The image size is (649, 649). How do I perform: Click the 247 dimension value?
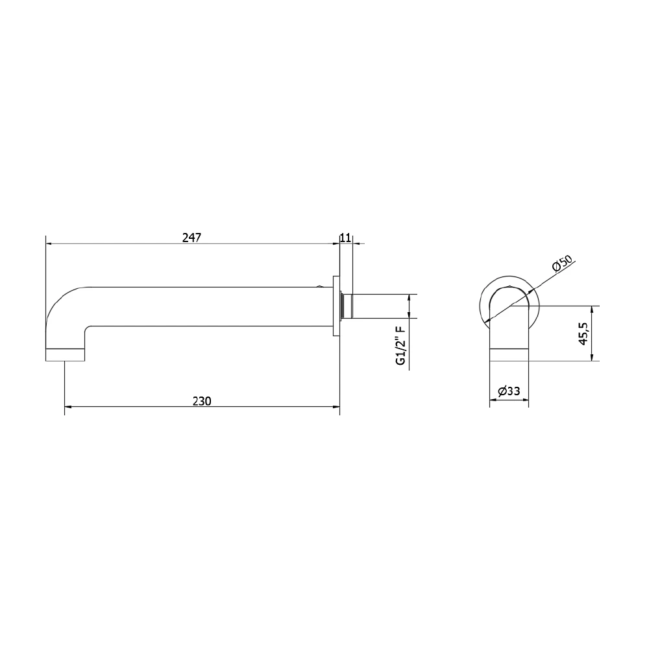point(191,238)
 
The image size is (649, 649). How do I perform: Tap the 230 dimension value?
point(202,401)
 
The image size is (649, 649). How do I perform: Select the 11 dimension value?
point(345,238)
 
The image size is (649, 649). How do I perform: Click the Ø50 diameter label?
point(562,265)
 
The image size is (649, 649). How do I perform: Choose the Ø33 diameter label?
point(509,391)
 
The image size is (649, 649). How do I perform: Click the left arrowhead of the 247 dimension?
point(49,244)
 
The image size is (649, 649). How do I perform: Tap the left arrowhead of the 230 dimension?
point(68,408)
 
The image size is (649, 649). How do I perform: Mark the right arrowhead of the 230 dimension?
point(337,408)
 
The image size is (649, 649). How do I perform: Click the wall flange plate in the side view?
point(336,306)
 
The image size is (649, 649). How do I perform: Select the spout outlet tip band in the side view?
point(65,354)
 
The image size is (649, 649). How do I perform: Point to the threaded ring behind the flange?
point(342,306)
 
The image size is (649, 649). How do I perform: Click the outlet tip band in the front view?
point(509,354)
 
